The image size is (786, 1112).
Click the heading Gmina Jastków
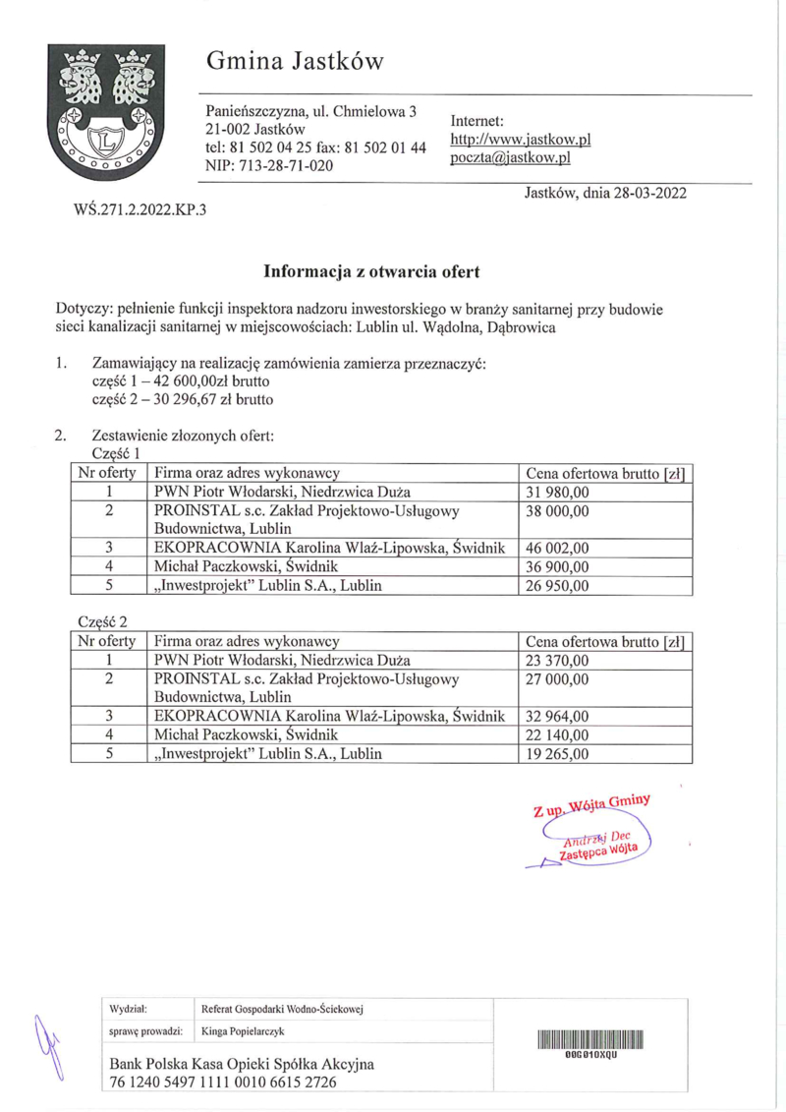295,62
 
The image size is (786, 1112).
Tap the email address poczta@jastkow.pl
511,157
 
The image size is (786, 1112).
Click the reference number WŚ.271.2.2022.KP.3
140,209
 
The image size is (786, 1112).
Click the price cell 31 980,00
558,492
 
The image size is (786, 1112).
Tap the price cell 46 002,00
558,548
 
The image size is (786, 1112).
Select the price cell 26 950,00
558,586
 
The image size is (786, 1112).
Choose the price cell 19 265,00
558,754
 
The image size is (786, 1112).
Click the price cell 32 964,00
558,716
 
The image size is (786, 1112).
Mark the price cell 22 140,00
558,734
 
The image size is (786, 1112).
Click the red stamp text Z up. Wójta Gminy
591,806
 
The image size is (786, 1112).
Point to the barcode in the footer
589,1040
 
